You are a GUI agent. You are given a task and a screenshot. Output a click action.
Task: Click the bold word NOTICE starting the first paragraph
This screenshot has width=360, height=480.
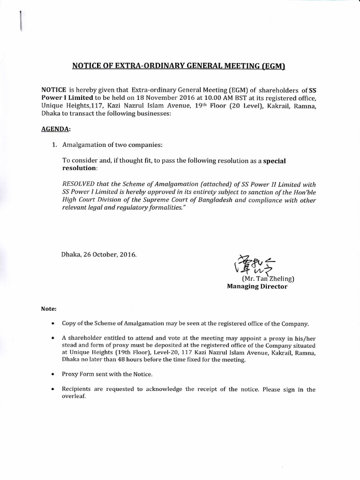pyautogui.click(x=54, y=90)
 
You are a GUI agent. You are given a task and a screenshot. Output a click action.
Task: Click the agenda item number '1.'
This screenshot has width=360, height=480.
pyautogui.click(x=54, y=145)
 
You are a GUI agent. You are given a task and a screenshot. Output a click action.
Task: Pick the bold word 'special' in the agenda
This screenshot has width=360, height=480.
pyautogui.click(x=274, y=160)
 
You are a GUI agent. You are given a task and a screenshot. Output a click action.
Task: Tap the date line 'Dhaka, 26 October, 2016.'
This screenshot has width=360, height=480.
pyautogui.click(x=99, y=255)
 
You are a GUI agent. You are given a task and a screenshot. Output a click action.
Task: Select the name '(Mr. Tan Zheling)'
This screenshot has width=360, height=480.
pyautogui.click(x=268, y=278)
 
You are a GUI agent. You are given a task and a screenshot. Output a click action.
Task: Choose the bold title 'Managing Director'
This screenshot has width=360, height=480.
pyautogui.click(x=257, y=286)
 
